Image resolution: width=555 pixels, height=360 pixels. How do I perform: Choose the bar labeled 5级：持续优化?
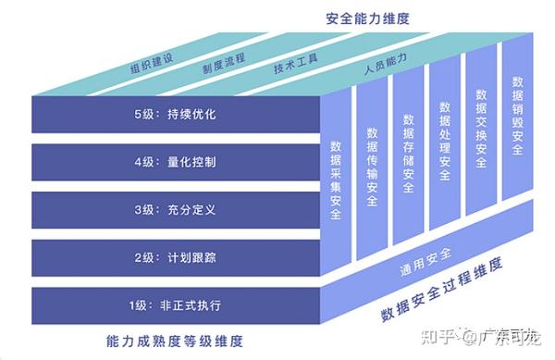[x=175, y=115]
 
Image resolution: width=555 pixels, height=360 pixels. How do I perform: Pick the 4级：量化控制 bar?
[x=175, y=162]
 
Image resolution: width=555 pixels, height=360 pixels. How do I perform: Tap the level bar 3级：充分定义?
[x=175, y=209]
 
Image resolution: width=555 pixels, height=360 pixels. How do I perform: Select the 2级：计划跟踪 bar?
[x=175, y=256]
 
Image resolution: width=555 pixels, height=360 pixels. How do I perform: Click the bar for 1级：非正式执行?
[x=175, y=304]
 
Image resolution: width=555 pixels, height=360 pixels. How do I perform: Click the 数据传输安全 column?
[x=372, y=167]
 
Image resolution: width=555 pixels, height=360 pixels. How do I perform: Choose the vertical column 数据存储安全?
[x=408, y=153]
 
